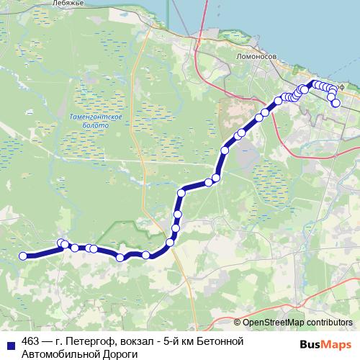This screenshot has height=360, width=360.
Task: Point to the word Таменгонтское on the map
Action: [101, 116]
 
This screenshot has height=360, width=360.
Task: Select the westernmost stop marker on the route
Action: [22, 256]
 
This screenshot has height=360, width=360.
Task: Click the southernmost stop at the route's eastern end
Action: [336, 104]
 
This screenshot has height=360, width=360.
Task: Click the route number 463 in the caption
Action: [30, 341]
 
